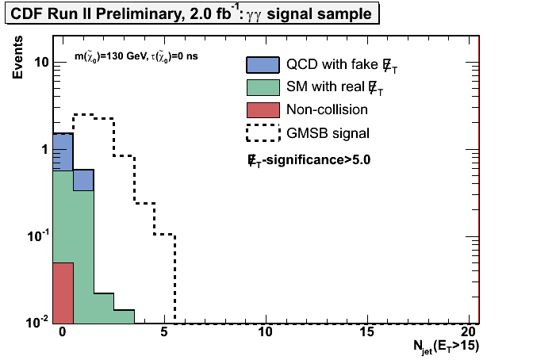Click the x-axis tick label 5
point(164,331)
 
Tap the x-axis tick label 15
point(368,331)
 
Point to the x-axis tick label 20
point(470,331)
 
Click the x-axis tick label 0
point(63,331)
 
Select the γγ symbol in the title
point(280,13)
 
